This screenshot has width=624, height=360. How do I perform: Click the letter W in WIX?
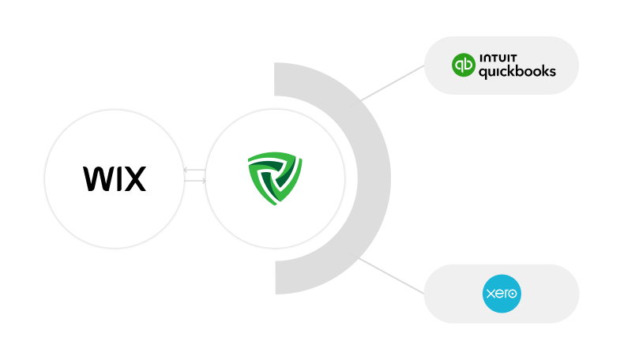[97, 179]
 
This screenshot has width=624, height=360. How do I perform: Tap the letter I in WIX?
[117, 179]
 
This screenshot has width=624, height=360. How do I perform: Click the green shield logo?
[275, 178]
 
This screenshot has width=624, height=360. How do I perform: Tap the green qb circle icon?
[464, 65]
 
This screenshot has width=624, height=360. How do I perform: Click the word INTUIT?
[498, 58]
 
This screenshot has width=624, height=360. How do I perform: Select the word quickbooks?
[517, 72]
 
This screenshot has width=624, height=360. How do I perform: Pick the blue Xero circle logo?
[502, 294]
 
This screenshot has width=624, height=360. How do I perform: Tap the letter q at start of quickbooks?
[483, 73]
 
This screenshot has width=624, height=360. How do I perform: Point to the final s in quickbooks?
[551, 72]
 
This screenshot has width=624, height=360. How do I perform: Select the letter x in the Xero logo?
[491, 294]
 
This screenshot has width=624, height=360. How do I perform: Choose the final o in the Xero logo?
[512, 294]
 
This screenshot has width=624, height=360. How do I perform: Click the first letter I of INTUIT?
[481, 58]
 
